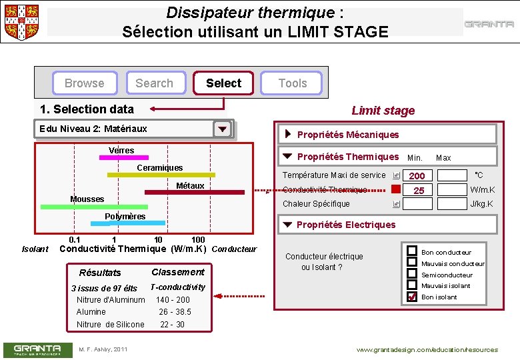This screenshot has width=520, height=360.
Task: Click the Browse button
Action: [x=85, y=83]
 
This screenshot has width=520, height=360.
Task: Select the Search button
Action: [x=154, y=83]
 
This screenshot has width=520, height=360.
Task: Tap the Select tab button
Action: [x=223, y=83]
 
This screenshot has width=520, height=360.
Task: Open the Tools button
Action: [x=293, y=83]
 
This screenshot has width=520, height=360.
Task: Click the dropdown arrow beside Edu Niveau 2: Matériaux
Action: [x=223, y=129]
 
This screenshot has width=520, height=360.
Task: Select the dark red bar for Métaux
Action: [x=194, y=192]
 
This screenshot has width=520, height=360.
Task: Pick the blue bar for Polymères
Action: [x=133, y=223]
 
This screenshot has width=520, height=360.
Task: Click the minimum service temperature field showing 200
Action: [x=417, y=176]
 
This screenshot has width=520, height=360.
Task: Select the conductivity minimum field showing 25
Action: [x=417, y=191]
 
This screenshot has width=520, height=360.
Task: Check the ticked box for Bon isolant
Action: [x=412, y=297]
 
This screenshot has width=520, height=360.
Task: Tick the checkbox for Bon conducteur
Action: [x=412, y=251]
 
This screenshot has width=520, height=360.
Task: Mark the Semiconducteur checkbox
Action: [x=412, y=274]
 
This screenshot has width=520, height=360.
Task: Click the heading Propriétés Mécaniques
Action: [x=347, y=135]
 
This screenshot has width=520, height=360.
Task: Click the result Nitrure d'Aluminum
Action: [x=111, y=300]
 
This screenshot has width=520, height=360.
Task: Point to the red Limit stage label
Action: [x=383, y=111]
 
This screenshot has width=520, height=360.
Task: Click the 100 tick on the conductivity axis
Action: [x=198, y=240]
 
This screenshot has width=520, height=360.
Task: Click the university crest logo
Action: [x=21, y=21]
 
